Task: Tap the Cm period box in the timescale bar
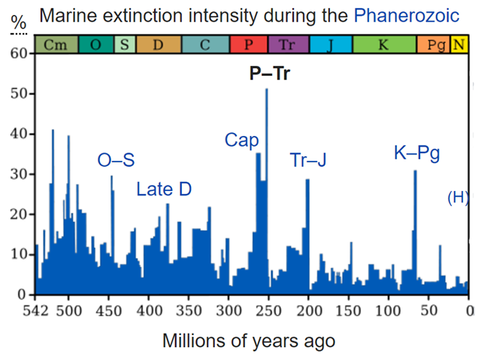53,44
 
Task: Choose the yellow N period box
458,44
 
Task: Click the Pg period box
436,44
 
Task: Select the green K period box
383,44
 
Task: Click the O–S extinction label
116,159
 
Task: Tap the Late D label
164,189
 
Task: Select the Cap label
241,141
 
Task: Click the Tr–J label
308,160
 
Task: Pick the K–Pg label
416,154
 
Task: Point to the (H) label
458,198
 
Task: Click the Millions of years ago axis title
249,340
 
